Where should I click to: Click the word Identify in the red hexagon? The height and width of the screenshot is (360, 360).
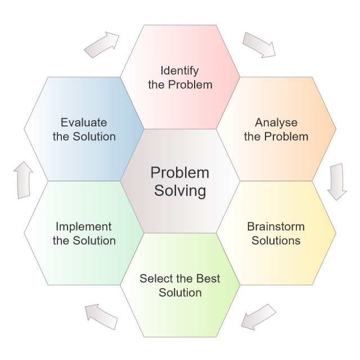181,71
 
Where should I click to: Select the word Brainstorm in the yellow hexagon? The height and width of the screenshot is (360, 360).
276,227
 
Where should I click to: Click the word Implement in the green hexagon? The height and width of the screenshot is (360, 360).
84,227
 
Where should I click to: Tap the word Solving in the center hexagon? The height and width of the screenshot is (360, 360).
180,190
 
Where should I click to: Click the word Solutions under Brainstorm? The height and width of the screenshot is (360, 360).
276,241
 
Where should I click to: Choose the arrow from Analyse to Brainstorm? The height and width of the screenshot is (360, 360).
337,182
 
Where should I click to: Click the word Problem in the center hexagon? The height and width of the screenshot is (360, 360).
180,172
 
